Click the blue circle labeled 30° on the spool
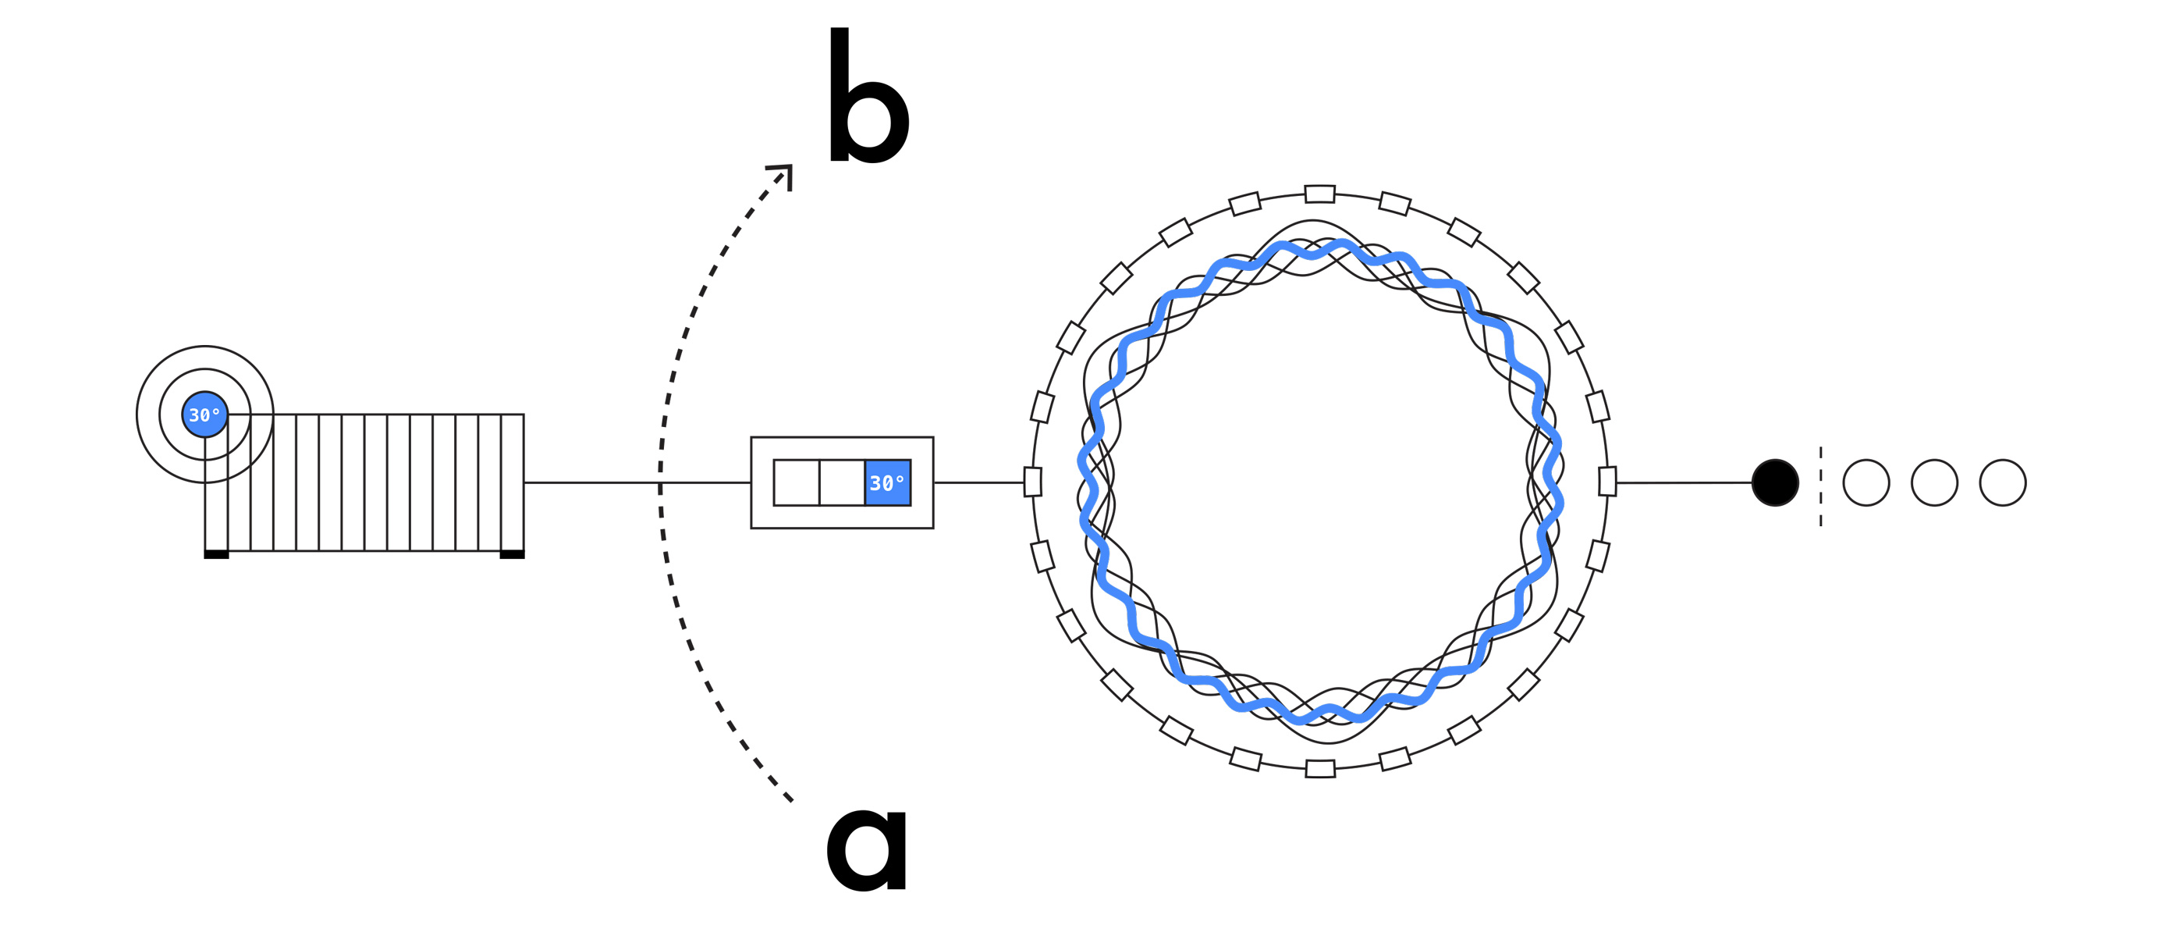204,415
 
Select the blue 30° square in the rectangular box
887,482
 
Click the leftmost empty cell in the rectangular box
797,482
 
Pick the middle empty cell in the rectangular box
842,482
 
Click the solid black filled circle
1775,482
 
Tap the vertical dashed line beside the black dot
1820,487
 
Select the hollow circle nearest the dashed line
1866,482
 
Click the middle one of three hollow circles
1934,482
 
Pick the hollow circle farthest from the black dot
2003,482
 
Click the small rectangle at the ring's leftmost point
1033,482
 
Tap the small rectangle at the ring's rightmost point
1607,482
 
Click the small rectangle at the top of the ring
1320,194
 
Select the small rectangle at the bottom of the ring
1320,769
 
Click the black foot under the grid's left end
217,554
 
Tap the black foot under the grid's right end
512,554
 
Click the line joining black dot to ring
1684,482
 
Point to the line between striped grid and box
637,482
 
